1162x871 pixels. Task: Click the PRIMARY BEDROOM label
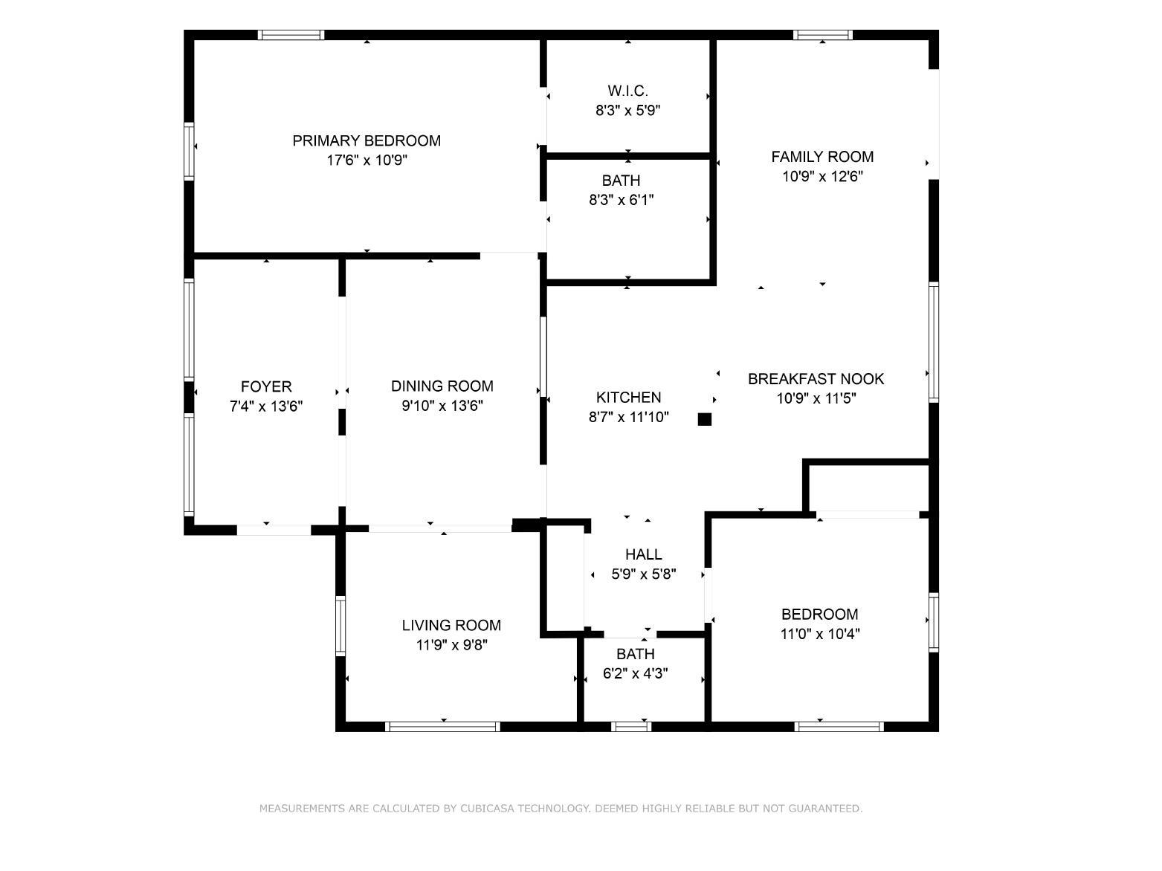[x=367, y=140]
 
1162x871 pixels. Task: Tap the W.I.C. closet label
[x=627, y=91]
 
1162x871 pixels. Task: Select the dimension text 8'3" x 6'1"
[x=621, y=200]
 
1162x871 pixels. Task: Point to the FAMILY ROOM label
[x=822, y=157]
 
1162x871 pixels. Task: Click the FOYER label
[x=265, y=386]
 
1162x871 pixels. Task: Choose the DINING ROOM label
[x=442, y=386]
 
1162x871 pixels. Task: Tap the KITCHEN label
[x=628, y=397]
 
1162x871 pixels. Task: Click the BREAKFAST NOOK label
[x=816, y=379]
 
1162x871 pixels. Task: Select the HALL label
[x=643, y=554]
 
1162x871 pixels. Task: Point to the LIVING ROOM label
[x=451, y=625]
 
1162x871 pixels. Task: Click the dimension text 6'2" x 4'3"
[x=635, y=673]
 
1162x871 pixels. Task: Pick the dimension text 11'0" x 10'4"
[x=819, y=633]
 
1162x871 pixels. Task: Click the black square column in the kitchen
[x=705, y=419]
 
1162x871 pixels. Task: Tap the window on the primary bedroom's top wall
[x=291, y=35]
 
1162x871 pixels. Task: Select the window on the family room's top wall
[x=822, y=35]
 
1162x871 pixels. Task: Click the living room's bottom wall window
[x=442, y=727]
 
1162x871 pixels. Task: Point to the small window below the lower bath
[x=631, y=727]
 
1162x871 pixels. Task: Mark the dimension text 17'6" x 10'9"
[x=367, y=160]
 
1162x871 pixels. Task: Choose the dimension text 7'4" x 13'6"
[x=265, y=406]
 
